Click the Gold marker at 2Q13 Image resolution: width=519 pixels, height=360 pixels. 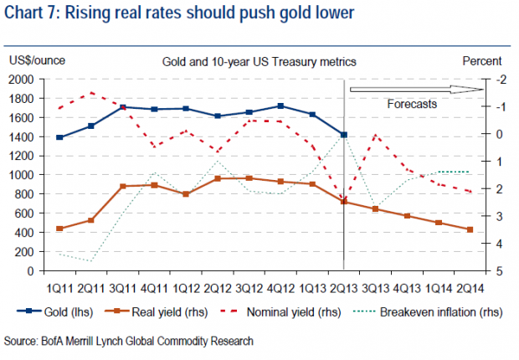pos(344,135)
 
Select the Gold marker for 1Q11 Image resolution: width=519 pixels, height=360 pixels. pos(59,137)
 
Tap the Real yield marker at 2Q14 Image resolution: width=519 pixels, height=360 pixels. pos(470,229)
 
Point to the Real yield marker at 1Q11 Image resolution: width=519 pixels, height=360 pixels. pos(59,229)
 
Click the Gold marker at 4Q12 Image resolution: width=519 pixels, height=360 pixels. pos(280,106)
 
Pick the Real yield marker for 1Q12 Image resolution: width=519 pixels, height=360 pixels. pos(186,194)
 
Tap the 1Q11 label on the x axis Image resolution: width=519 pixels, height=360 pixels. pos(59,289)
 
